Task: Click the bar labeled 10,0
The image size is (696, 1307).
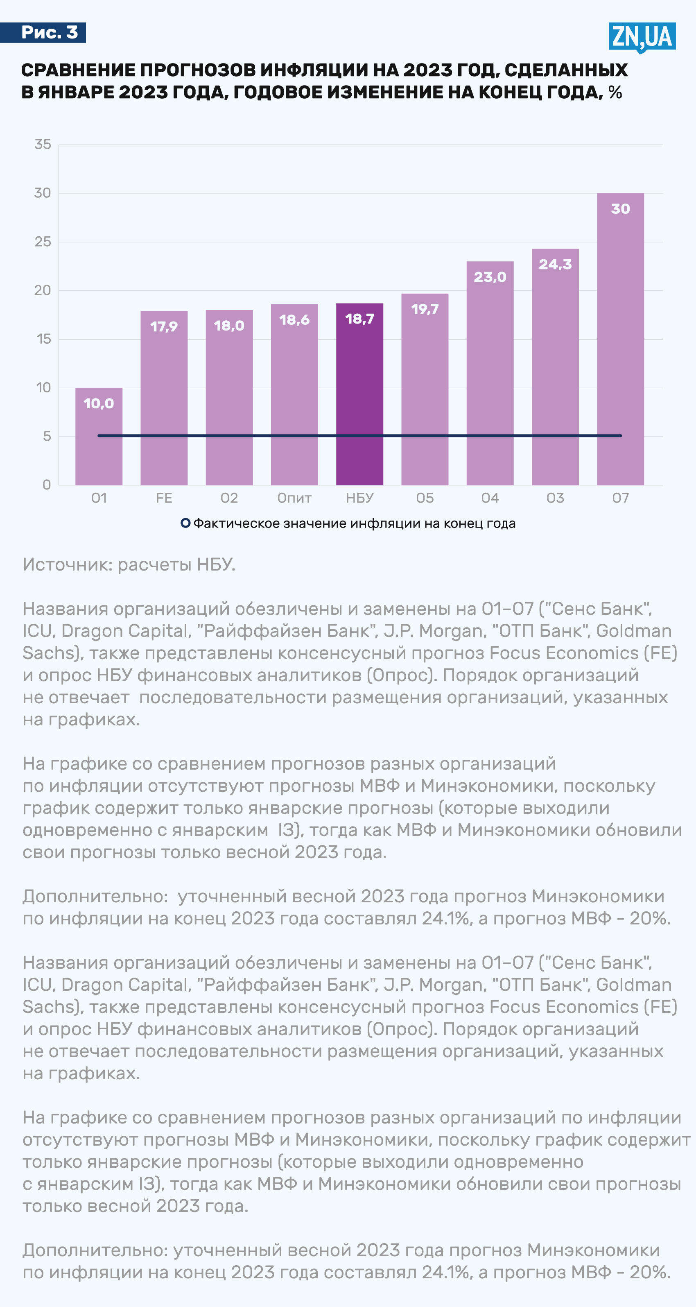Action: (99, 436)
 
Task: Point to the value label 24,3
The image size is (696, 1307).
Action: (555, 264)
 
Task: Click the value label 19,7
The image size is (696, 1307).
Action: (425, 309)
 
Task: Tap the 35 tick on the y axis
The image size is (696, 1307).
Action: (43, 145)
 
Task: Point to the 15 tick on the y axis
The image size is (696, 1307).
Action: (44, 339)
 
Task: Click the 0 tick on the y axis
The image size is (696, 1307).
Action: (47, 485)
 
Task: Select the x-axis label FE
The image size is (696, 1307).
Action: (164, 498)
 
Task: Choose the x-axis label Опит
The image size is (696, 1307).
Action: (294, 498)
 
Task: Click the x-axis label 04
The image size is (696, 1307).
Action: (490, 498)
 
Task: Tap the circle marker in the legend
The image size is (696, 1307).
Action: (185, 523)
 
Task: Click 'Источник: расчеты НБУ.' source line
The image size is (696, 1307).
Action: (129, 564)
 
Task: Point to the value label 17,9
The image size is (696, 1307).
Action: (164, 326)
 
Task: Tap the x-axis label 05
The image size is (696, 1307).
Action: (425, 498)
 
